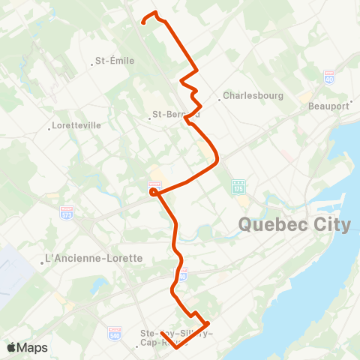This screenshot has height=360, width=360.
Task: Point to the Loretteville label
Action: pyautogui.click(x=78, y=126)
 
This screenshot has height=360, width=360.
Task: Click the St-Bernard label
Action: pyautogui.click(x=175, y=115)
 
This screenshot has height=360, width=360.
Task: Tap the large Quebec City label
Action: pyautogui.click(x=294, y=224)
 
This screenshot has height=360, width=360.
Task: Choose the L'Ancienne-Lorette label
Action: pyautogui.click(x=94, y=258)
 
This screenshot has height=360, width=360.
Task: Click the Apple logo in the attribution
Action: pyautogui.click(x=11, y=347)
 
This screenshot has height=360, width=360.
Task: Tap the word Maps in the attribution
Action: pyautogui.click(x=34, y=347)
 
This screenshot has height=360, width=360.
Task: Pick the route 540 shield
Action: pyautogui.click(x=115, y=331)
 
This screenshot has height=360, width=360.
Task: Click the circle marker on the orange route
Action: pyautogui.click(x=153, y=192)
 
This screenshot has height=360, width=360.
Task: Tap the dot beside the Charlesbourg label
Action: pyautogui.click(x=218, y=97)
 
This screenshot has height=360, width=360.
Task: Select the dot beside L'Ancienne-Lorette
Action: pyautogui.click(x=42, y=262)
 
